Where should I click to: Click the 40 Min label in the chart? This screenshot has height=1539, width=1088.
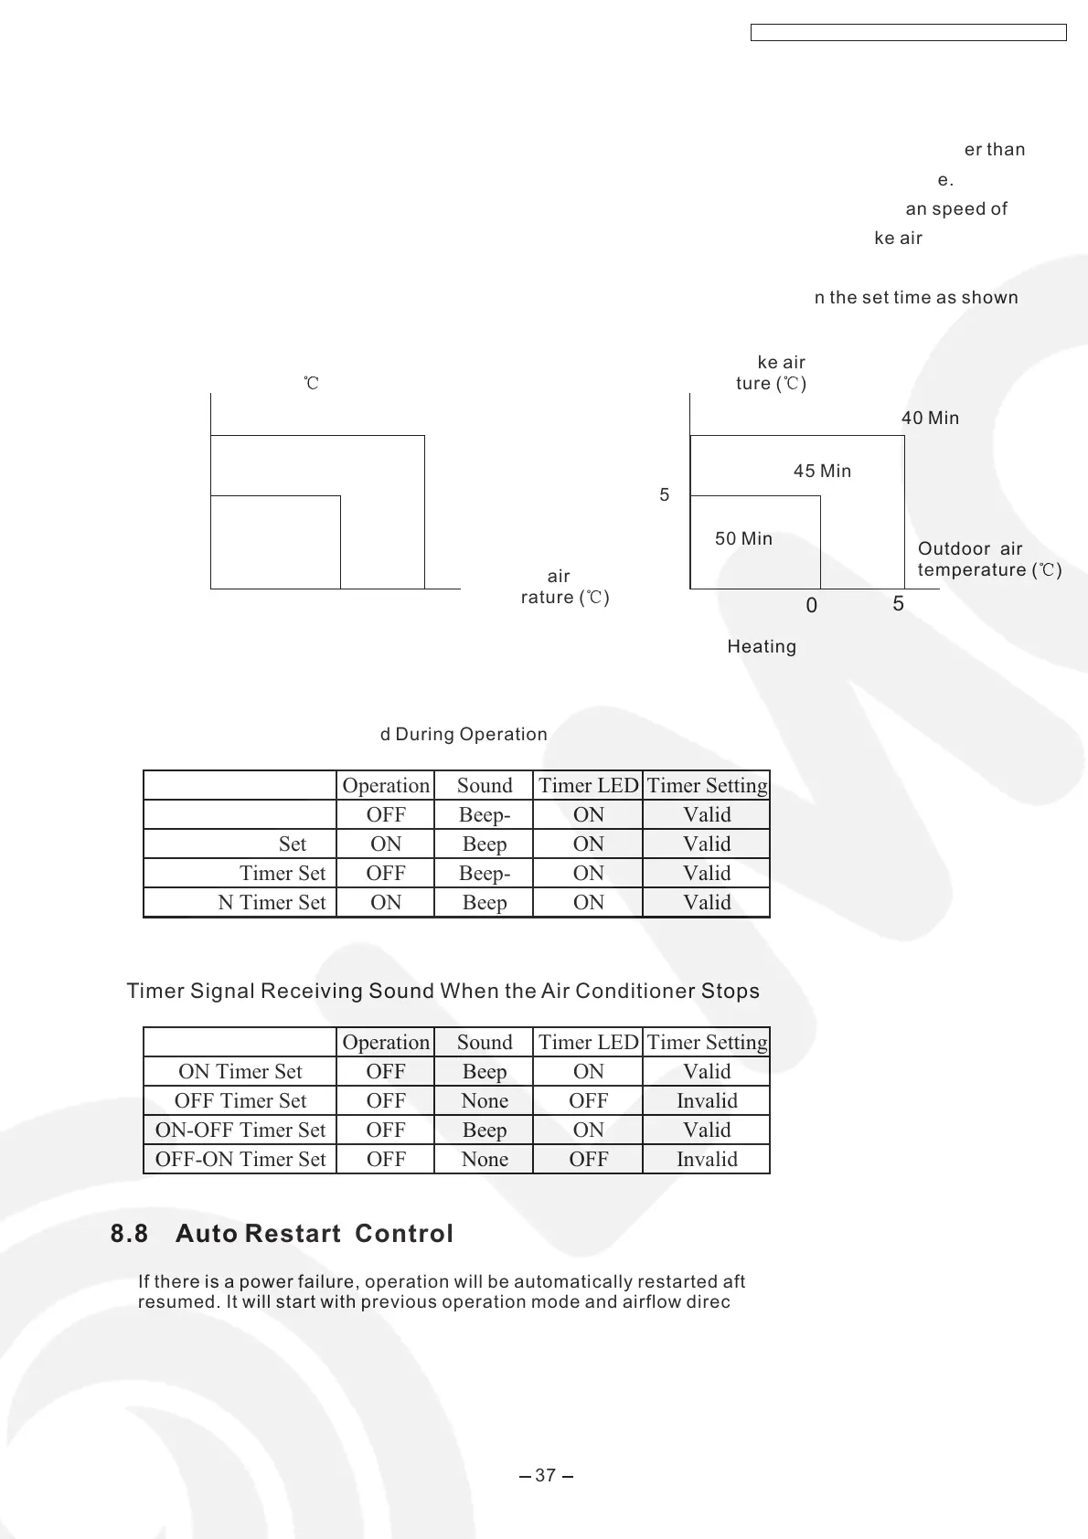click(x=930, y=419)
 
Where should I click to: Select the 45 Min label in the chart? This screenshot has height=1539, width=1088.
click(x=822, y=472)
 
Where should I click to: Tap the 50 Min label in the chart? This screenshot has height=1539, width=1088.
click(x=743, y=539)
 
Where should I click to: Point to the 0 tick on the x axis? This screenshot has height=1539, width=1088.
click(x=812, y=606)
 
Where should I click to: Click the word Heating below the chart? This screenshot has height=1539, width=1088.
click(x=762, y=647)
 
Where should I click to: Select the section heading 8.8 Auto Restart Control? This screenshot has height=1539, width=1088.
click(x=282, y=1234)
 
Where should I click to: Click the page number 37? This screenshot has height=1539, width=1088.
click(x=545, y=1475)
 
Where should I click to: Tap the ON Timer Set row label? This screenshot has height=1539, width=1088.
click(x=240, y=1071)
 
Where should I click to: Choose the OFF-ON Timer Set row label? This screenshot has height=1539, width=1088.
click(x=240, y=1159)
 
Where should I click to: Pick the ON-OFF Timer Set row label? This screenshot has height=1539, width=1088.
click(x=240, y=1130)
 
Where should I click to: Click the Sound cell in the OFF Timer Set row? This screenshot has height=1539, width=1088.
click(x=485, y=1100)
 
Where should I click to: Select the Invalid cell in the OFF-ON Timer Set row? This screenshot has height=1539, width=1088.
click(x=707, y=1159)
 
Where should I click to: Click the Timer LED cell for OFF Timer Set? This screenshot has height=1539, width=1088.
click(x=588, y=1100)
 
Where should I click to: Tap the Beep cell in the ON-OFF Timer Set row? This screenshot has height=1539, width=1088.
click(x=485, y=1130)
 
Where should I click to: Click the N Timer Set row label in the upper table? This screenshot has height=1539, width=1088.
click(x=272, y=902)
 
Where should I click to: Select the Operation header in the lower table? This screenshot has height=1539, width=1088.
click(x=386, y=1042)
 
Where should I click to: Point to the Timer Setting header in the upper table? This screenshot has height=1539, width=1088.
click(x=707, y=785)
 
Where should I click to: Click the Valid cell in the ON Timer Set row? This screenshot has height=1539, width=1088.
click(x=707, y=1071)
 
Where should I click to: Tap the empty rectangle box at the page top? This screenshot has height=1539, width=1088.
click(x=909, y=33)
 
